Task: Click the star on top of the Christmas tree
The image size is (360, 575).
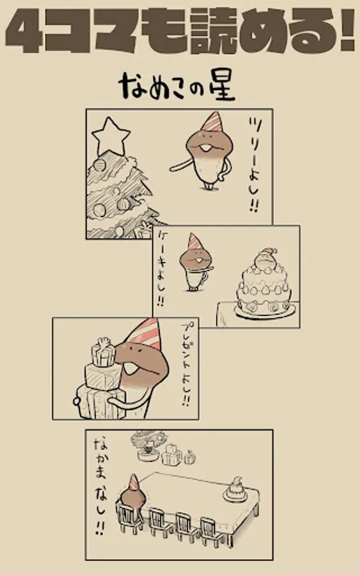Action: click(111, 137)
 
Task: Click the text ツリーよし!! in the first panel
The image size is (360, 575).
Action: click(254, 165)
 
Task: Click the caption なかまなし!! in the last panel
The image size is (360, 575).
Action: click(99, 486)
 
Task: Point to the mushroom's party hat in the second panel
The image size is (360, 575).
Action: click(194, 241)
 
